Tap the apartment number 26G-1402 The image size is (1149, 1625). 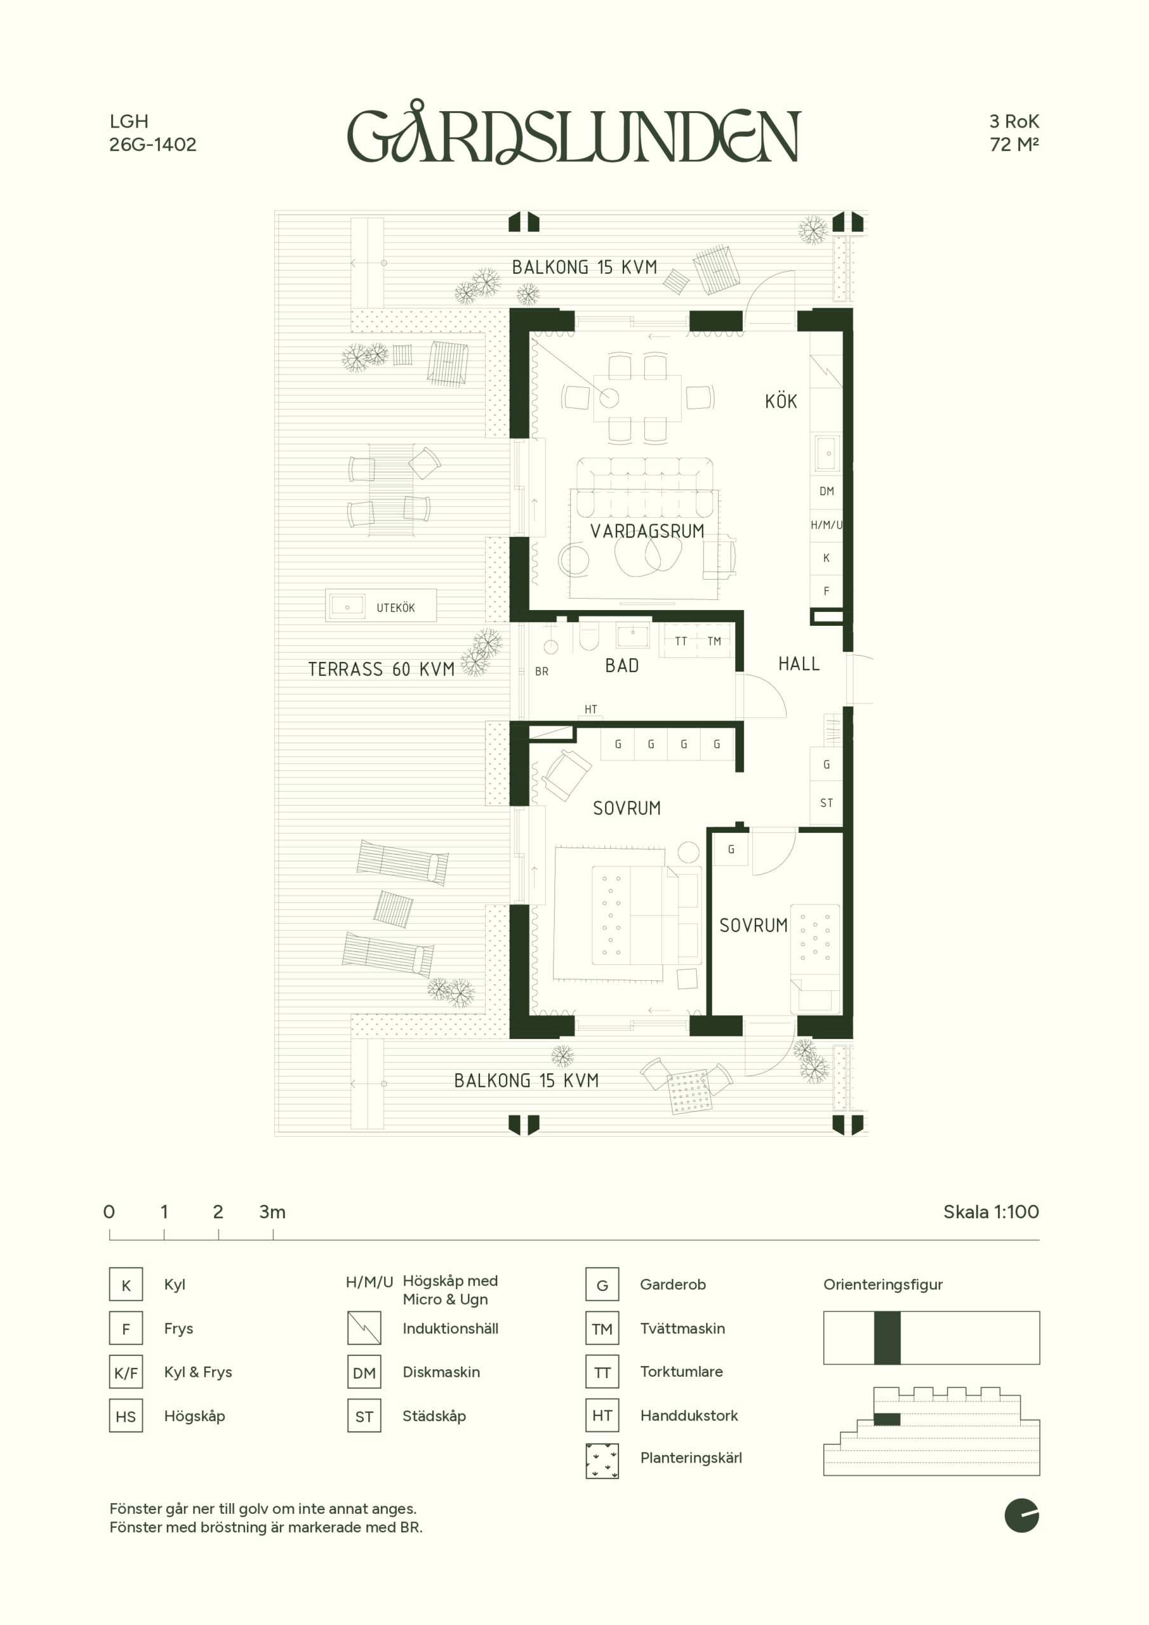[152, 144]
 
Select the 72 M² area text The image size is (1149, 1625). [1014, 144]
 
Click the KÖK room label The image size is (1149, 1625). [781, 401]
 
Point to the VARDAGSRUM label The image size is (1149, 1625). [647, 531]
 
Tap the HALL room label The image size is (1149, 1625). [799, 664]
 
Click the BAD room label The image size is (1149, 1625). [621, 665]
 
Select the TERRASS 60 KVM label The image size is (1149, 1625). [381, 669]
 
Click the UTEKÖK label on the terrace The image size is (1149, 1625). [395, 608]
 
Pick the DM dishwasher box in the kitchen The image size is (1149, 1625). [826, 491]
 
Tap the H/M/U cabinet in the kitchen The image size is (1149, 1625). [826, 525]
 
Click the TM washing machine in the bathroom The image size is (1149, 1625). [714, 641]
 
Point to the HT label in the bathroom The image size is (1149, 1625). [590, 709]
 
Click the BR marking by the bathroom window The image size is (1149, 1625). [541, 672]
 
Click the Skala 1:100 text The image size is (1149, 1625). [991, 1212]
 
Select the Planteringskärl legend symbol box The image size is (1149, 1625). [602, 1461]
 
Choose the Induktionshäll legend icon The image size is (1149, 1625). [364, 1329]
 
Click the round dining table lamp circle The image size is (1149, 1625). [609, 398]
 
